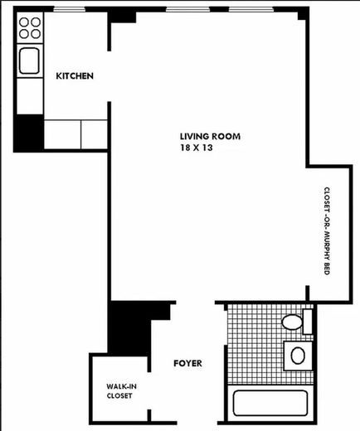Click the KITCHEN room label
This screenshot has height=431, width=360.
tap(74, 76)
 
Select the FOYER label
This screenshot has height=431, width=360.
tap(187, 363)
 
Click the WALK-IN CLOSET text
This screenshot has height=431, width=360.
tap(120, 390)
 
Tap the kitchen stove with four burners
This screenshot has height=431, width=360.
tap(30, 30)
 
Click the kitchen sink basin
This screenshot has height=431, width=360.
tap(30, 60)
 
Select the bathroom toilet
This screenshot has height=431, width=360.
tap(293, 322)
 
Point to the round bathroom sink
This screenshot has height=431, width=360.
tap(297, 356)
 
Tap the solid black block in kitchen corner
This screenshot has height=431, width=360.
tap(29, 132)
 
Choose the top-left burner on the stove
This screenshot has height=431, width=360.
tap(24, 23)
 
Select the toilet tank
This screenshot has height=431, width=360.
tap(307, 320)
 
